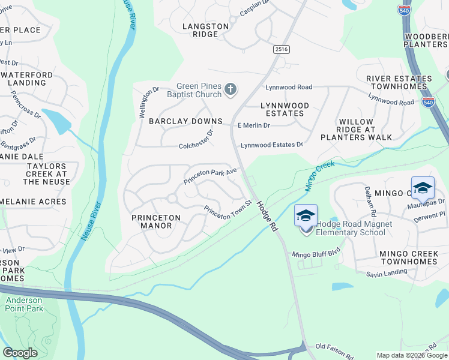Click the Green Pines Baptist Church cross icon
tap(230, 90)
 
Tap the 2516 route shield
tap(281, 49)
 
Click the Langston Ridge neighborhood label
tap(206, 31)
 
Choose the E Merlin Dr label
tap(254, 125)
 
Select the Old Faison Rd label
tap(332, 347)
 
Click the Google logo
tap(20, 353)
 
